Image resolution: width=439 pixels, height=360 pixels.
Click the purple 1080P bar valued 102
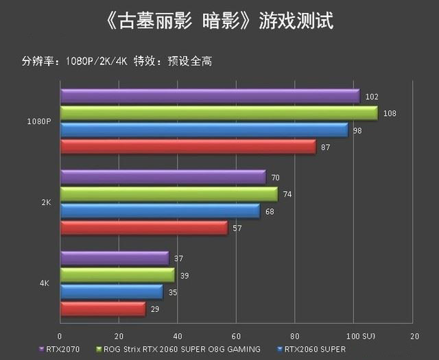209,96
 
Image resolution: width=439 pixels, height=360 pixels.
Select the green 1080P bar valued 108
218,112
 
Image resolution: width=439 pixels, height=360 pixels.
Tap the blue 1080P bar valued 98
204,130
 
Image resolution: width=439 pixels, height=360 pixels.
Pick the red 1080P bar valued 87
188,146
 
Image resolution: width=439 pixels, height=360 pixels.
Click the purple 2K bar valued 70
163,177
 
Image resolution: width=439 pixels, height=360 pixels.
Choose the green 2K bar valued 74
169,194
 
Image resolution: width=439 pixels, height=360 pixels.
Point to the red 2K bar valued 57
144,228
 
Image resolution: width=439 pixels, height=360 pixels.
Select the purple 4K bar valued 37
115,258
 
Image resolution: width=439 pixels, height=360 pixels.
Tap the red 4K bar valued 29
103,309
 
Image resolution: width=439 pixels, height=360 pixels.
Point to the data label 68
270,211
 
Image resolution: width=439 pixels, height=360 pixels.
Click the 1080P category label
39,121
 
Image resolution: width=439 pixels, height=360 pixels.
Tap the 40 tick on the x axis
177,337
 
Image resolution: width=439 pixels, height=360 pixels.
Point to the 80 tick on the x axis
295,337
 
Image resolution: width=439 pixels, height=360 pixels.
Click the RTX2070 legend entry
62,350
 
